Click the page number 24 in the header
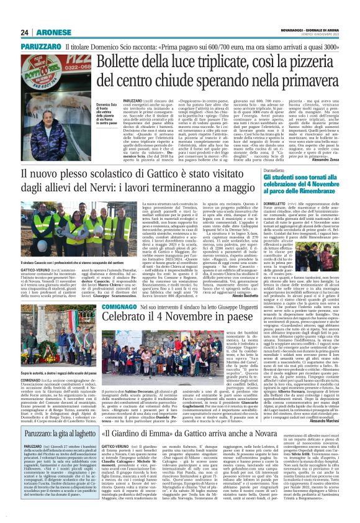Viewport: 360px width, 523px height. [25, 32]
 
